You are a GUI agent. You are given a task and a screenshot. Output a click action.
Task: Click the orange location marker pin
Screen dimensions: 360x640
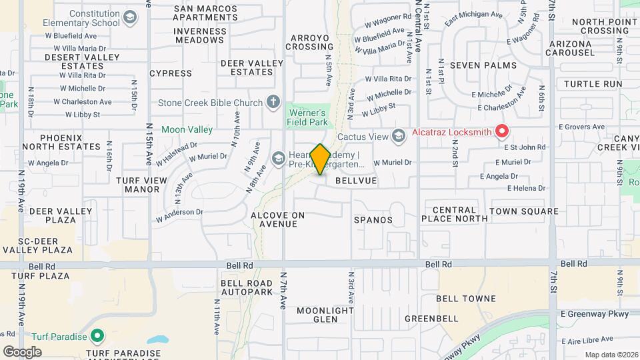(x=320, y=159)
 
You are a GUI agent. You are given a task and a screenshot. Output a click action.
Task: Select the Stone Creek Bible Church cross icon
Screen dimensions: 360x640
(x=272, y=102)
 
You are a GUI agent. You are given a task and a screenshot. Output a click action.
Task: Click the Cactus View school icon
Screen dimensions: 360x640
(x=398, y=137)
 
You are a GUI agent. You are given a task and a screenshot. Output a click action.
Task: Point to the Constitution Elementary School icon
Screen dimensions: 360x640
(x=130, y=17)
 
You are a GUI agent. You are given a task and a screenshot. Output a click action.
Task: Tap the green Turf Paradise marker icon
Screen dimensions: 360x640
(x=97, y=335)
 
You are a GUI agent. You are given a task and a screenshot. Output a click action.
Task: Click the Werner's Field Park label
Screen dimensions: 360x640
(x=306, y=117)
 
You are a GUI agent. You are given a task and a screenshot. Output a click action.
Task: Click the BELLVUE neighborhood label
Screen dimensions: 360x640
(x=356, y=181)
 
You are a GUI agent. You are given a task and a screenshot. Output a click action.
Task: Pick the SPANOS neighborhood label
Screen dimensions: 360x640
(x=373, y=219)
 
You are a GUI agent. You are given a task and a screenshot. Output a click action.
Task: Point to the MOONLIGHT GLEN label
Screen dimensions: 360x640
(x=325, y=315)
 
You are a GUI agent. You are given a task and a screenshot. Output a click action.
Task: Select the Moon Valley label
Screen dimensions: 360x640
(x=187, y=129)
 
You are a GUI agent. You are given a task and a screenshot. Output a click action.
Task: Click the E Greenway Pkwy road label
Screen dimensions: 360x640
(x=595, y=313)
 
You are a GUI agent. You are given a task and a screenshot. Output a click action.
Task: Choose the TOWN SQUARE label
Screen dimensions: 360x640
(x=523, y=211)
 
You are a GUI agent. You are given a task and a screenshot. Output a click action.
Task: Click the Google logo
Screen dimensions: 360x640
(x=22, y=351)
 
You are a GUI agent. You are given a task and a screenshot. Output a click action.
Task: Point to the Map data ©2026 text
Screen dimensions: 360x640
(x=611, y=355)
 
